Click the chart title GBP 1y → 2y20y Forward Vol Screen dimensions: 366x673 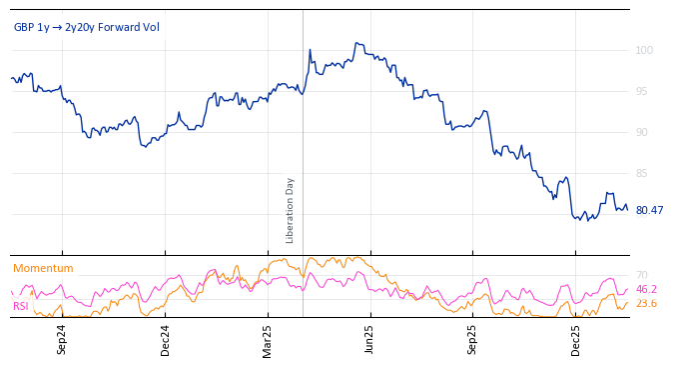click(x=86, y=27)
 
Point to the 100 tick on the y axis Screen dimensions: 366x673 click(x=644, y=50)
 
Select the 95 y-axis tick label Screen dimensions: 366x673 click(x=641, y=91)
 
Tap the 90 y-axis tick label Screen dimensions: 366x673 click(x=641, y=132)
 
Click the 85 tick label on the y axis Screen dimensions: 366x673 click(x=641, y=173)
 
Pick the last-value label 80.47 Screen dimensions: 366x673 click(x=649, y=210)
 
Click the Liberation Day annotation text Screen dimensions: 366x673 click(x=291, y=210)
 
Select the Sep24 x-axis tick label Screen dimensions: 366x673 click(x=62, y=339)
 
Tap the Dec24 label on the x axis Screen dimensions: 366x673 click(x=165, y=339)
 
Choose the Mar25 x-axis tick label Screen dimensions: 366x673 click(x=268, y=339)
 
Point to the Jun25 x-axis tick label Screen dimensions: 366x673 click(x=370, y=339)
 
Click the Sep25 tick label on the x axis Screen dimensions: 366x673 click(x=473, y=339)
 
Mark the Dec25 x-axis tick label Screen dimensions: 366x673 click(x=576, y=339)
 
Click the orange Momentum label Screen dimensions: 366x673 click(x=43, y=268)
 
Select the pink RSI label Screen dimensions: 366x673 click(x=21, y=306)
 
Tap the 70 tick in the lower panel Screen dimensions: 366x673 click(x=642, y=275)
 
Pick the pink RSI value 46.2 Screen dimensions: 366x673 click(x=646, y=289)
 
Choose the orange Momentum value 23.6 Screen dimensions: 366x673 click(x=646, y=303)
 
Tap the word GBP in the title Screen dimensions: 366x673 click(x=24, y=27)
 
